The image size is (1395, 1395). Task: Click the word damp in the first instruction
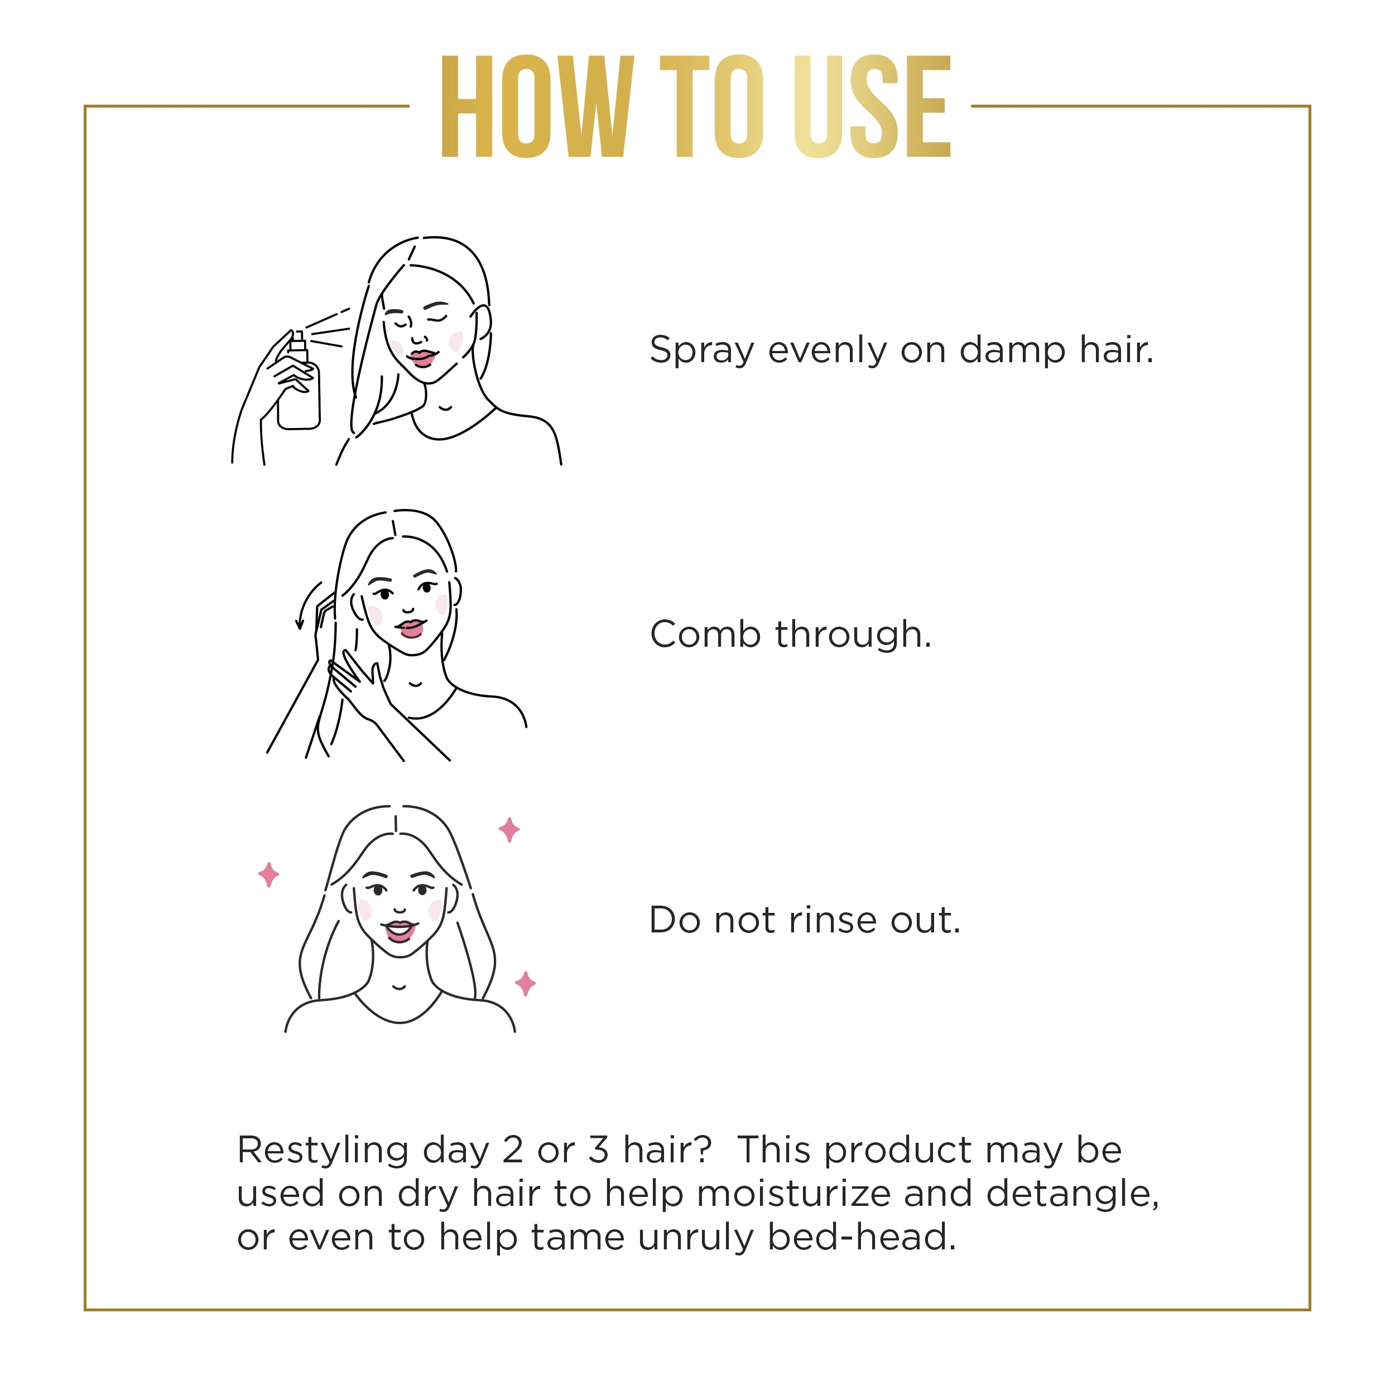click(1012, 351)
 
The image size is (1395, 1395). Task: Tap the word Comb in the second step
click(705, 634)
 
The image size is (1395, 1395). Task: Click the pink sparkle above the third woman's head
click(509, 830)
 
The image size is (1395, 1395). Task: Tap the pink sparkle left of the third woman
click(268, 874)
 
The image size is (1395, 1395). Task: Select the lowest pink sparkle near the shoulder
click(525, 983)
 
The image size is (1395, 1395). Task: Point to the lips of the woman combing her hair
click(411, 627)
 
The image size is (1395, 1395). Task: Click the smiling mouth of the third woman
click(400, 930)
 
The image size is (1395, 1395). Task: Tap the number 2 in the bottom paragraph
click(513, 1149)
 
